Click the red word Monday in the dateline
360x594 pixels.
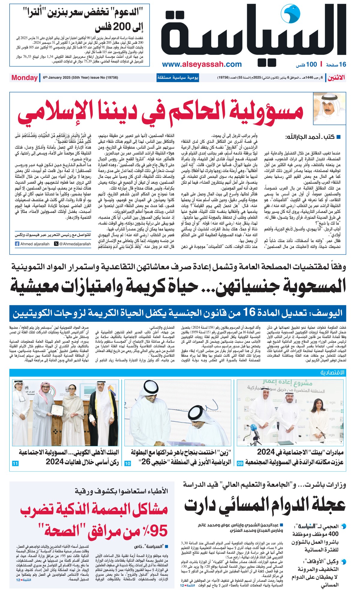[x=24, y=78]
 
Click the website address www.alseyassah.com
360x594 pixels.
[x=202, y=64]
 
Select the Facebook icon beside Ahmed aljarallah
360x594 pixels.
[x=17, y=244]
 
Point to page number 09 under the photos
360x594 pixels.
[x=240, y=463]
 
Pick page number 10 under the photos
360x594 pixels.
[x=127, y=463]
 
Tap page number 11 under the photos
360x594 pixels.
[x=15, y=463]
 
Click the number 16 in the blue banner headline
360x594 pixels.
[x=249, y=313]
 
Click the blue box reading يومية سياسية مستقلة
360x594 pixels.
[x=178, y=78]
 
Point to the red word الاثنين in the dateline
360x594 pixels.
[x=336, y=78]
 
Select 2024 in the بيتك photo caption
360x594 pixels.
[x=266, y=452]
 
